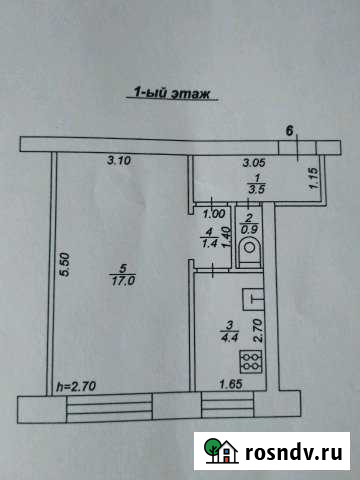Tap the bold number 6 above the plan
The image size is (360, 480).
[x=290, y=131]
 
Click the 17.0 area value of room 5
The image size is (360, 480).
[x=124, y=281]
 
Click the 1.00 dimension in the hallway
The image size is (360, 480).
[x=212, y=212]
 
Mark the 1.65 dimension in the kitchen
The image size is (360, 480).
[x=230, y=381]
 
